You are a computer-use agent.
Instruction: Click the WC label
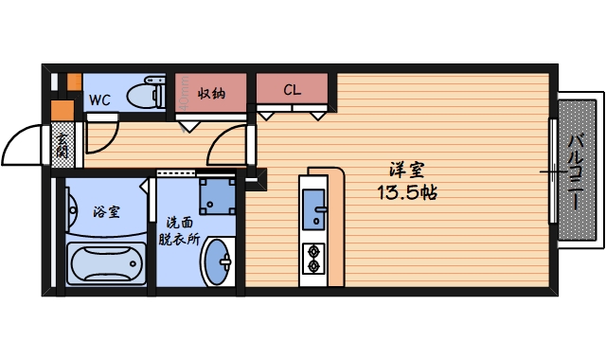99,99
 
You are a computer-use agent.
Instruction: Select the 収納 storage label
211,93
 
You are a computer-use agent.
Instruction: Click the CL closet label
292,91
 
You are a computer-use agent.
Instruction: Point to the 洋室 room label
406,171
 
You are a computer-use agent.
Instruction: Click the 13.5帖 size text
406,191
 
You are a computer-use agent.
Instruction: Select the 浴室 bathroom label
106,211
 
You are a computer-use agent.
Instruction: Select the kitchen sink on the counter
313,206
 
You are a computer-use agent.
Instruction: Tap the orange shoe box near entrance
62,109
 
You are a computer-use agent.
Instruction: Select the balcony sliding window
553,171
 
